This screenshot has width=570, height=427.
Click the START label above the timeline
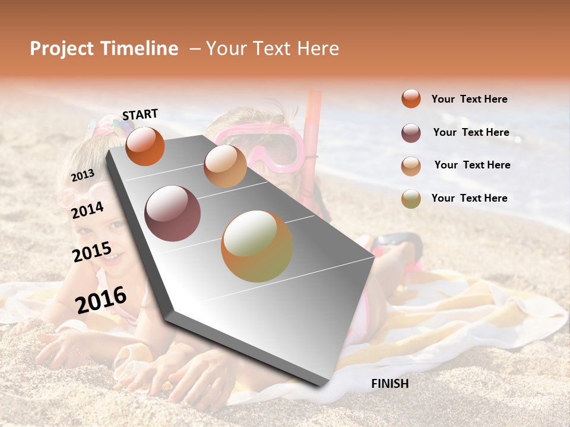tap(140, 114)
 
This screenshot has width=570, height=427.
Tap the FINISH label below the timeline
tap(389, 384)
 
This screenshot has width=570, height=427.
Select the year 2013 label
tap(83, 175)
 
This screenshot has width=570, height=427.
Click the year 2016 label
tap(101, 300)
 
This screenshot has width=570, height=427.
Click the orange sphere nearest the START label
tap(145, 146)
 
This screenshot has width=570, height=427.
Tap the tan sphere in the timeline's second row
tap(225, 166)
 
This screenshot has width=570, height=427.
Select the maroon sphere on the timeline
tap(172, 213)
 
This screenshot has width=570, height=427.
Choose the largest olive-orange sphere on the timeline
tap(257, 246)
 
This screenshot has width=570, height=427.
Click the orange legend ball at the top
tap(411, 98)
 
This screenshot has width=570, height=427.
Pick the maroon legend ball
tap(411, 133)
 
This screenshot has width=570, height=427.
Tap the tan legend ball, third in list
tap(411, 166)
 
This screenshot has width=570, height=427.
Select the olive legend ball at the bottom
tap(411, 199)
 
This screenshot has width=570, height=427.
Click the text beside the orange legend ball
tap(469, 99)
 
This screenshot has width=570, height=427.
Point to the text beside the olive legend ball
tap(469, 198)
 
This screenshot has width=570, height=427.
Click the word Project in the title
tap(62, 49)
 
